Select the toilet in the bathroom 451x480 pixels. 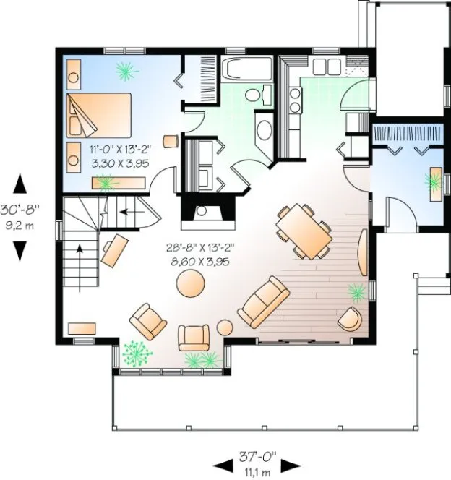point(254,96)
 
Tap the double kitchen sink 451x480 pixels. point(326,66)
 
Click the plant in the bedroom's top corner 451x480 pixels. point(127,70)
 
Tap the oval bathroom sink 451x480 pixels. point(265,132)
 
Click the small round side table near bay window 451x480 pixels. point(226,327)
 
